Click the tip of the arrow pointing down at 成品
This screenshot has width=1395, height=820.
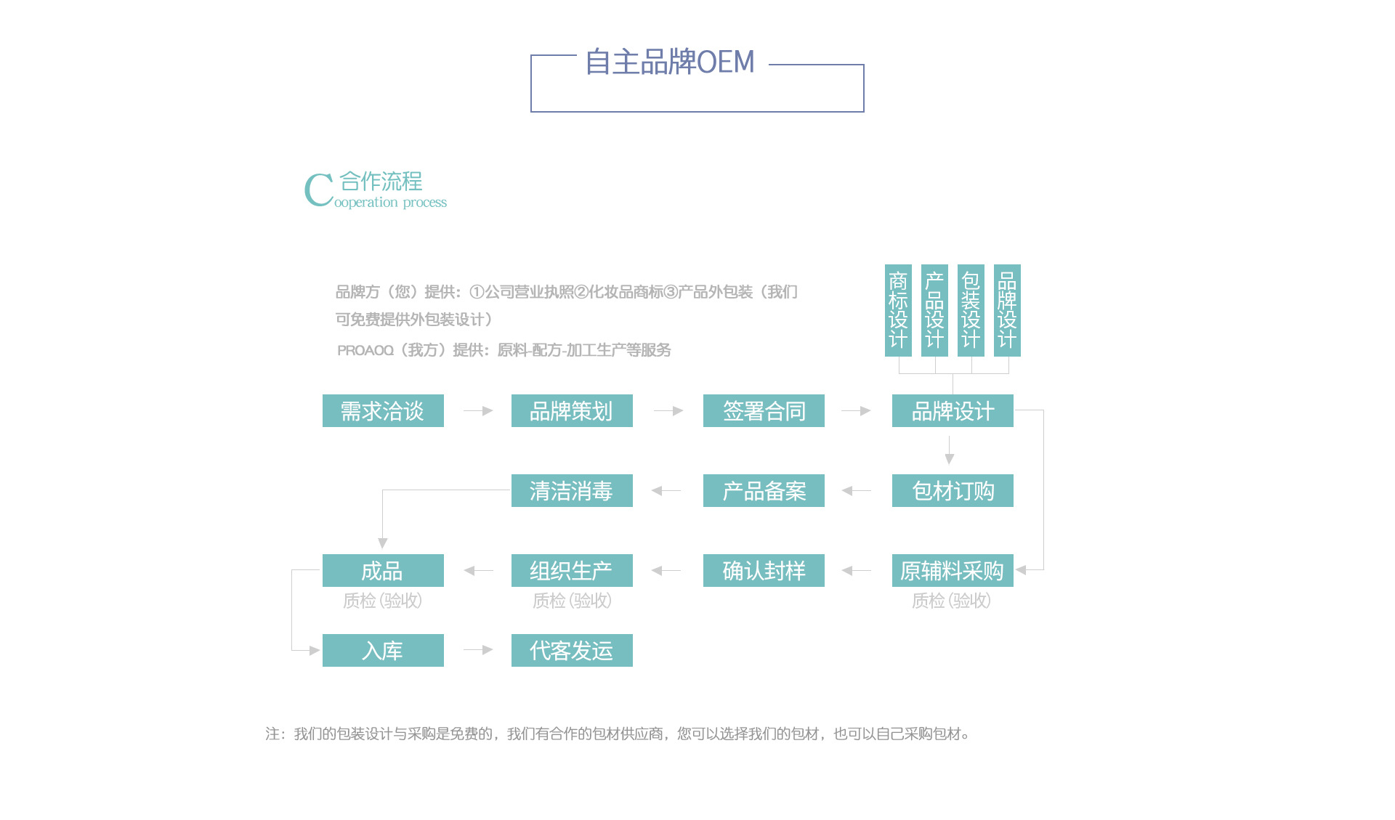coord(383,548)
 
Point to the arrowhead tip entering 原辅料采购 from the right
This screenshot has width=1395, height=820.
coord(1016,570)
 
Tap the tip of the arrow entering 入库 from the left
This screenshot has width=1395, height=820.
coord(320,650)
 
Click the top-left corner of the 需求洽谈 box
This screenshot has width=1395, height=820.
coord(323,394)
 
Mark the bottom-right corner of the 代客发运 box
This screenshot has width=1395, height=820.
coord(633,667)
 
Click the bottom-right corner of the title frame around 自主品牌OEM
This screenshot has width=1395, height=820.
coord(864,112)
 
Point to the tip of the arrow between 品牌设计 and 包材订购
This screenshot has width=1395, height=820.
coord(950,464)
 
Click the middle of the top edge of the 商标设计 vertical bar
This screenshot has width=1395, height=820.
coord(898,264)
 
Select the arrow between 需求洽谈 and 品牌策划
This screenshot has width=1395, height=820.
coord(478,411)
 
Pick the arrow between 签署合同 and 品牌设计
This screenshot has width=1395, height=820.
coord(856,411)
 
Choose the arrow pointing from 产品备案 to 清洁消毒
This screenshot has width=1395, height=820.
coord(666,491)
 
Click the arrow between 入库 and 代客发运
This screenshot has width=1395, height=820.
coord(478,650)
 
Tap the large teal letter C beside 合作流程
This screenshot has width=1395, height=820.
coord(318,190)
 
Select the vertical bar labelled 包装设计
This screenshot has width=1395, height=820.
coord(971,310)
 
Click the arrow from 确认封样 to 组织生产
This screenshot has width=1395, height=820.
coord(666,571)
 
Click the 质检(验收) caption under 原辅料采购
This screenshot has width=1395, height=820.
coord(951,601)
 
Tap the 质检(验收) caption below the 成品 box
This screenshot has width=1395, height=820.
coord(382,601)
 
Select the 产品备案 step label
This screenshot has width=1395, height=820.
coord(764,491)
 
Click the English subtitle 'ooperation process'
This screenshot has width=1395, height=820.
coord(390,203)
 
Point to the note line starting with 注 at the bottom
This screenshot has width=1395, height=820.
coord(617,734)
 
